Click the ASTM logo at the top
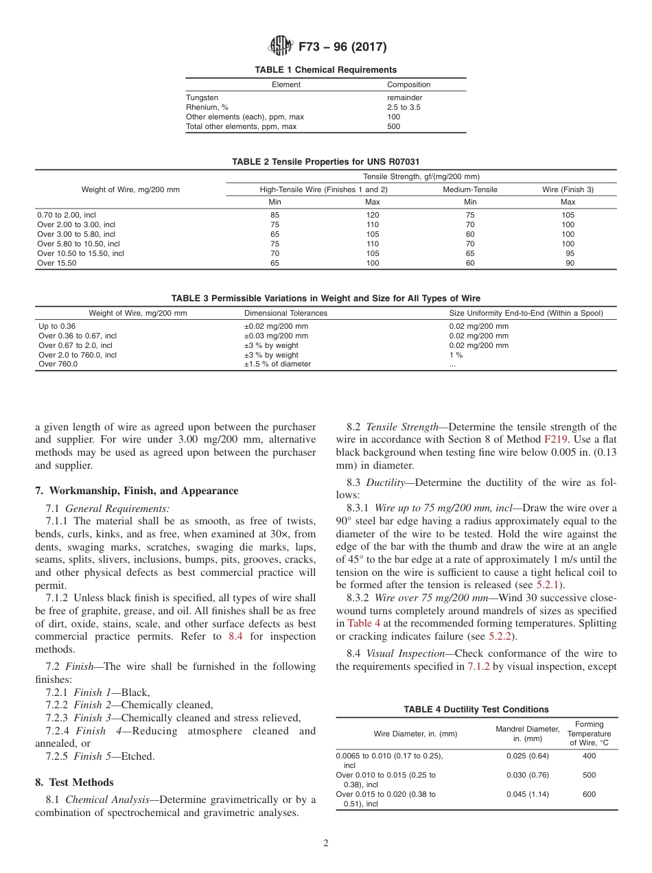tap(280, 47)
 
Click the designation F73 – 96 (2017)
tap(342, 47)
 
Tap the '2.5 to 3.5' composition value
tap(404, 107)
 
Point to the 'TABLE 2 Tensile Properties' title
tap(325, 161)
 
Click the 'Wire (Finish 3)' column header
tap(568, 189)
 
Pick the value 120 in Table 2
tap(373, 215)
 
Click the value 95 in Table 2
tap(570, 253)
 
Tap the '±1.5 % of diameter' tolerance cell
tap(277, 364)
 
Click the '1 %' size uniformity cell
tap(456, 355)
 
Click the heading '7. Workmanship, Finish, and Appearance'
tap(137, 491)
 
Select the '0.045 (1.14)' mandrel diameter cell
tap(527, 794)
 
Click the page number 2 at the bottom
tap(325, 843)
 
